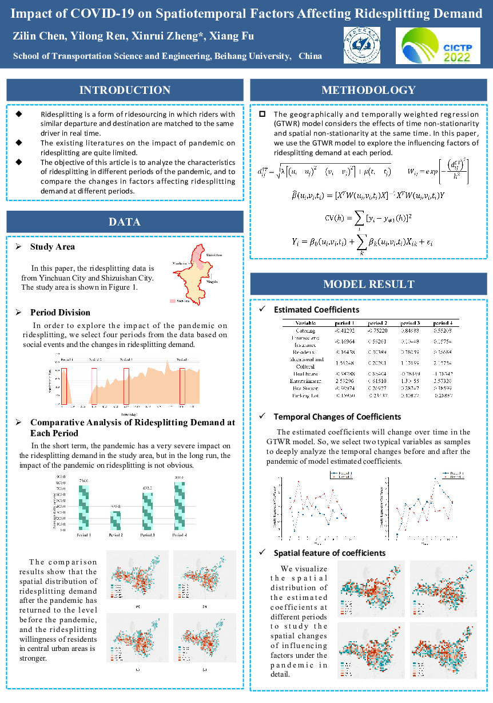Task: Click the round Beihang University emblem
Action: point(363,45)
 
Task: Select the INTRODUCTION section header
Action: point(125,90)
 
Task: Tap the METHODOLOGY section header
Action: point(368,90)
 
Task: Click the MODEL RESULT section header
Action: point(368,284)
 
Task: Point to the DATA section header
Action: point(125,222)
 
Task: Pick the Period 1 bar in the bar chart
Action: point(84,507)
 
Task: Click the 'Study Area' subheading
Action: point(52,247)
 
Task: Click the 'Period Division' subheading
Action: point(60,313)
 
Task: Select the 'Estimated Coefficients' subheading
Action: point(316,310)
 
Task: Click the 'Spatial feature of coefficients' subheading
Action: point(329,553)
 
